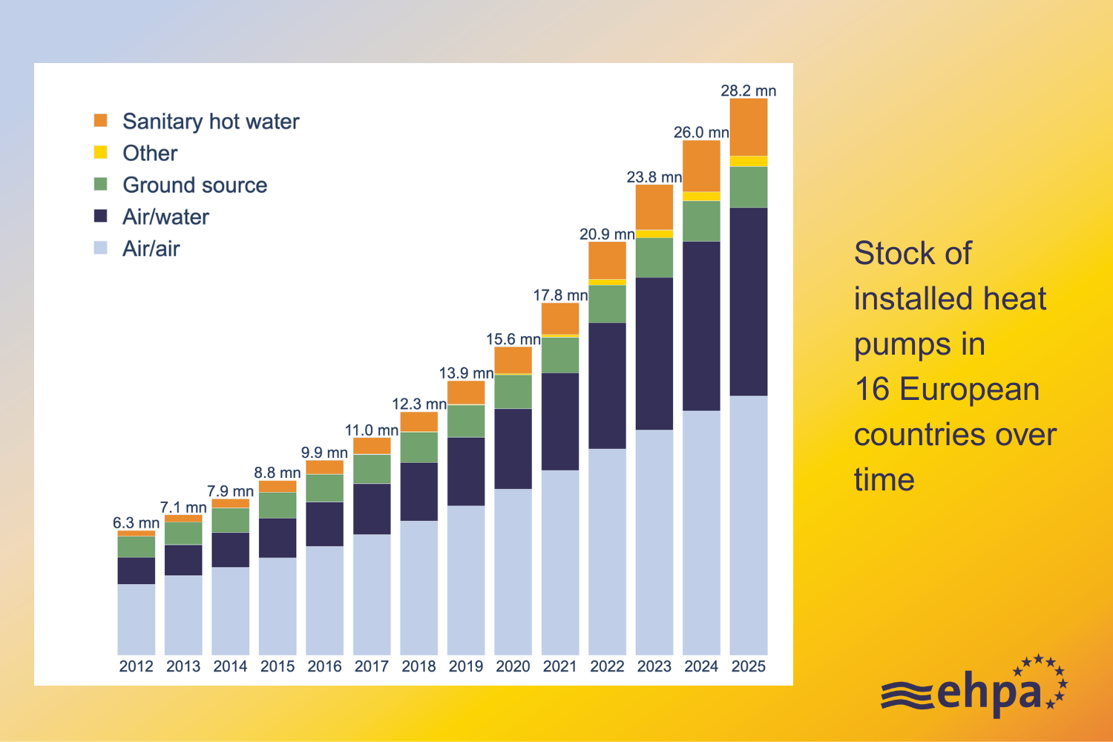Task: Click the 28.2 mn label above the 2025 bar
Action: [748, 91]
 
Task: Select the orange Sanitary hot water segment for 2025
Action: [748, 127]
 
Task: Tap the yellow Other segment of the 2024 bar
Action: [701, 197]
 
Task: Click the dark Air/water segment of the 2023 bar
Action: [654, 353]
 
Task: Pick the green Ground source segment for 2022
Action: [607, 303]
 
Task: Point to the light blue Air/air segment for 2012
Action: [136, 619]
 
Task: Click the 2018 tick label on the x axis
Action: [418, 666]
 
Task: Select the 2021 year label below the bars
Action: [559, 666]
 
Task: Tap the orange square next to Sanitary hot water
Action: [101, 120]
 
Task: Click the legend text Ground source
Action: [194, 185]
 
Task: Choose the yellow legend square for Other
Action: [101, 152]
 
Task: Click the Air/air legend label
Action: [151, 249]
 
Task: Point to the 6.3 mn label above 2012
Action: [136, 522]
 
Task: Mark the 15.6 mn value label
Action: [513, 339]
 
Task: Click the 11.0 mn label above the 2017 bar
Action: [371, 430]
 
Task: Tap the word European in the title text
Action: [969, 390]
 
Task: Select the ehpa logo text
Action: [990, 692]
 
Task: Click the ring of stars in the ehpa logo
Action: [1043, 679]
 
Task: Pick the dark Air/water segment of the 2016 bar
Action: [324, 524]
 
